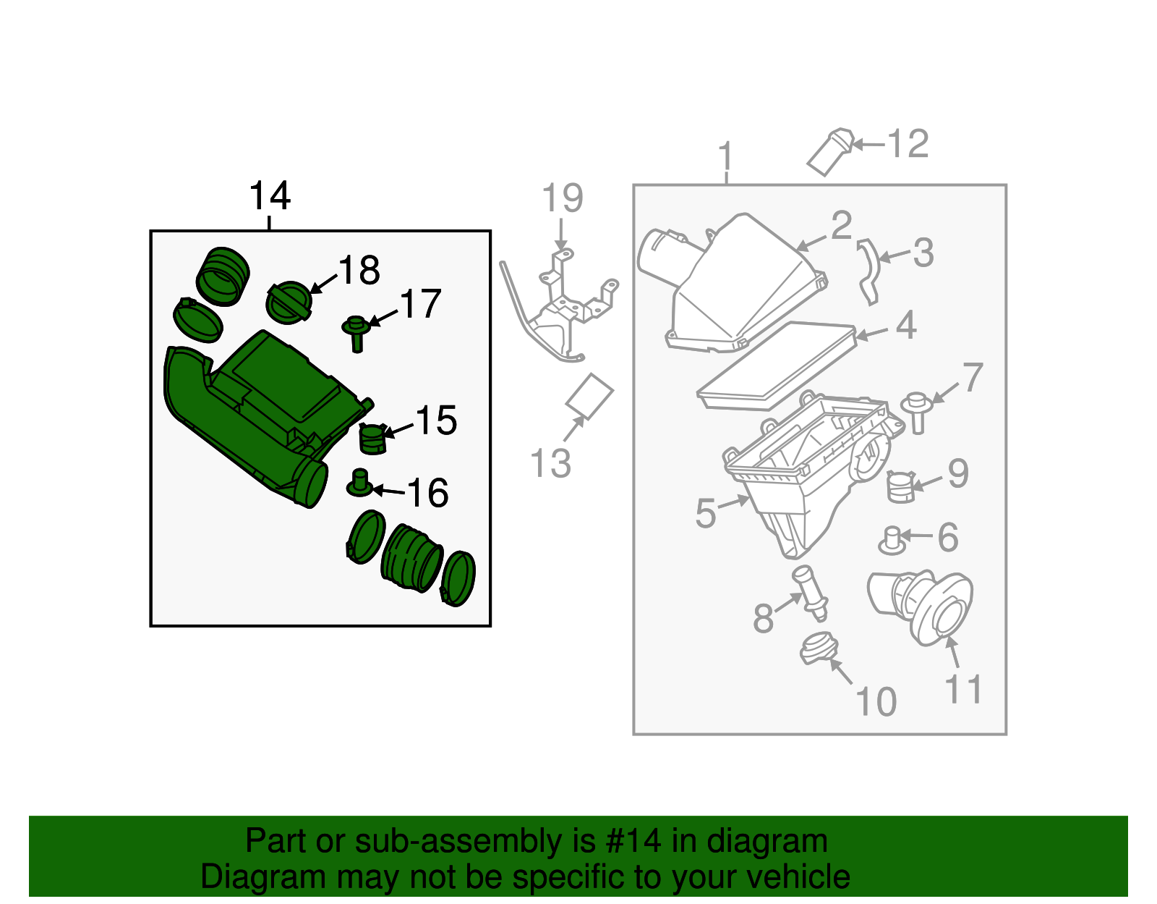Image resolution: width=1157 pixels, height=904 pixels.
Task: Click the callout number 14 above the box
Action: pyautogui.click(x=269, y=195)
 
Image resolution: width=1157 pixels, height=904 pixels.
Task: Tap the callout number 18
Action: pyautogui.click(x=359, y=271)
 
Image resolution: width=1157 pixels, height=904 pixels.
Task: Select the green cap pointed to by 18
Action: pyautogui.click(x=289, y=303)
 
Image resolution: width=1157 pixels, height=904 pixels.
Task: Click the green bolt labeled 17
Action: pyautogui.click(x=356, y=332)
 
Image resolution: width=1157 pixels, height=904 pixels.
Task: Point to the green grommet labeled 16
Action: pyautogui.click(x=360, y=483)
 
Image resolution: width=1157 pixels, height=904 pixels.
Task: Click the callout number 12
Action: pyautogui.click(x=908, y=143)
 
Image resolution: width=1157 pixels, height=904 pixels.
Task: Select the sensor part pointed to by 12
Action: pyautogui.click(x=830, y=151)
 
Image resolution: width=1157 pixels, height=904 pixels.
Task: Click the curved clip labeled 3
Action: pyautogui.click(x=868, y=272)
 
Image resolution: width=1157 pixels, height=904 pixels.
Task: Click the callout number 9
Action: pyautogui.click(x=957, y=474)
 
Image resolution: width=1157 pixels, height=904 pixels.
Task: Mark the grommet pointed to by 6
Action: pyautogui.click(x=892, y=540)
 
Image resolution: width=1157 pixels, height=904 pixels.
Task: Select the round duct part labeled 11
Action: pyautogui.click(x=922, y=605)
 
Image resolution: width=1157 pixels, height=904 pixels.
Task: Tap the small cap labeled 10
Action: pyautogui.click(x=819, y=647)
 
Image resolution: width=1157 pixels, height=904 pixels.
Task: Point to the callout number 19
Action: pyautogui.click(x=562, y=198)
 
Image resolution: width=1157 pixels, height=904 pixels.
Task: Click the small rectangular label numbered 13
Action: pyautogui.click(x=589, y=396)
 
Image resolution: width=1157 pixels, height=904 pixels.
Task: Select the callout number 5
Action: pyautogui.click(x=705, y=513)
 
